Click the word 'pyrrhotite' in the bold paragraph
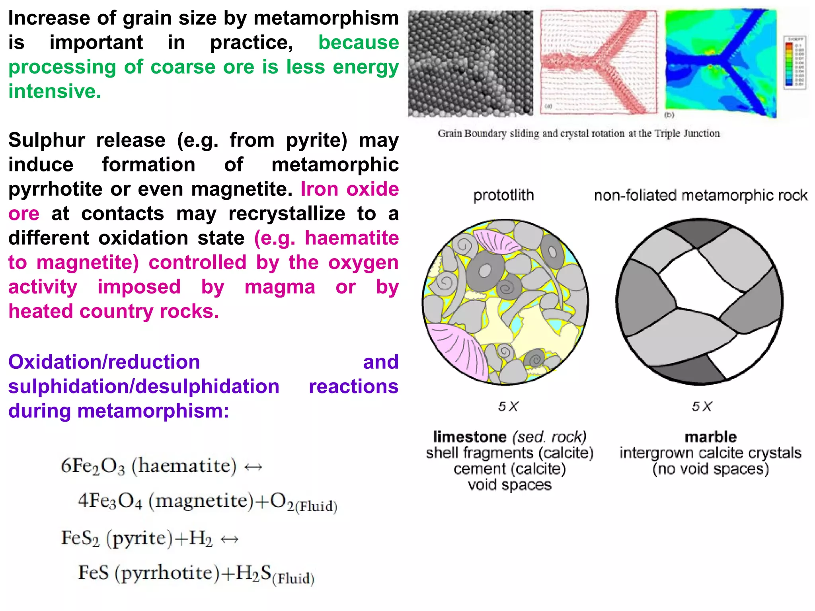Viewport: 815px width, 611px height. pyautogui.click(x=55, y=189)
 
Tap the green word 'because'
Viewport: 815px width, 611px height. pyautogui.click(x=358, y=43)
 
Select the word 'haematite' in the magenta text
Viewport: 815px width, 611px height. pyautogui.click(x=351, y=238)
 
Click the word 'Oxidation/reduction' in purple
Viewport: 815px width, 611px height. pyautogui.click(x=104, y=362)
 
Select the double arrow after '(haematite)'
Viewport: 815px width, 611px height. pyautogui.click(x=253, y=467)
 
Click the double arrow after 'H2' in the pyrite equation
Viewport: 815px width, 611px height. pyautogui.click(x=230, y=539)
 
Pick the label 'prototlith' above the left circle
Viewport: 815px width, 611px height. pyautogui.click(x=503, y=196)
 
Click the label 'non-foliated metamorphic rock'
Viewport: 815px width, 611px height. pyautogui.click(x=700, y=196)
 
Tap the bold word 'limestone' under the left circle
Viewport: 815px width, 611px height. pyautogui.click(x=470, y=437)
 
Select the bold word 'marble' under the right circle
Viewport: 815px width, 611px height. pyautogui.click(x=710, y=437)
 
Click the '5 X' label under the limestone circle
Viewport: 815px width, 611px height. pyautogui.click(x=508, y=407)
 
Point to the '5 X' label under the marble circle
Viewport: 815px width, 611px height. pyautogui.click(x=702, y=407)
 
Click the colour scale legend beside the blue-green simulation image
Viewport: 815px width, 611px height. pyautogui.click(x=794, y=62)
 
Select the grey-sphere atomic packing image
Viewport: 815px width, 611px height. pyautogui.click(x=470, y=64)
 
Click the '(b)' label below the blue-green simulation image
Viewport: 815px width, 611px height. pyautogui.click(x=669, y=115)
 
